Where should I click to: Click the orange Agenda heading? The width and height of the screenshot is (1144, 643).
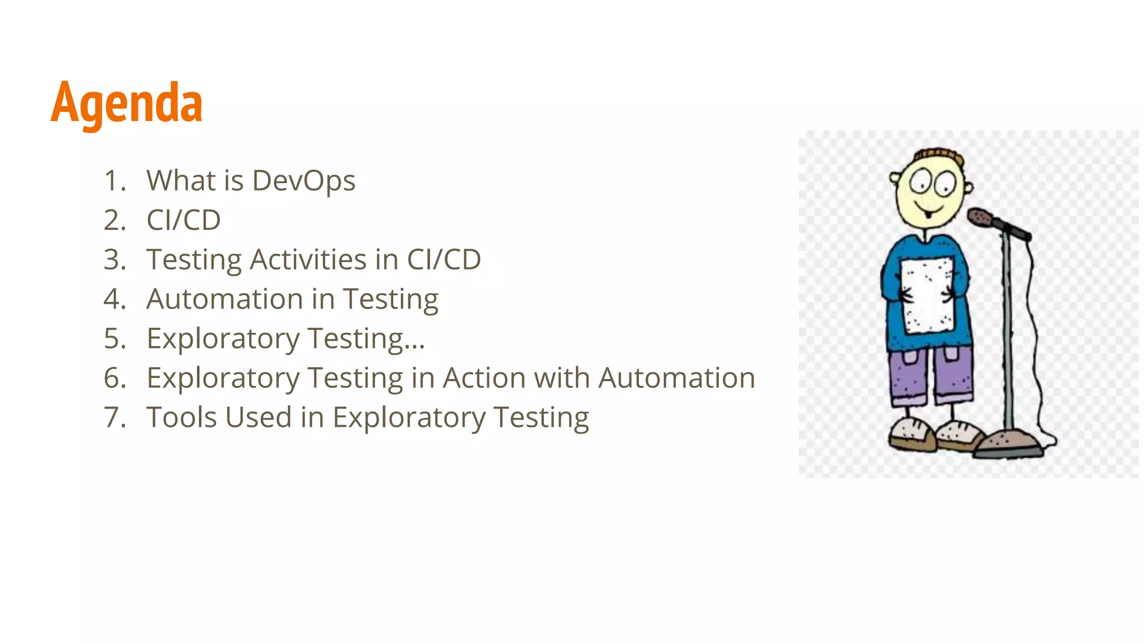[126, 103]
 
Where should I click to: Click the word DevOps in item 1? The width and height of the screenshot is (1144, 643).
[303, 181]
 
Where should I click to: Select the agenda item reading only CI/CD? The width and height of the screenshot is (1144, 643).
[183, 220]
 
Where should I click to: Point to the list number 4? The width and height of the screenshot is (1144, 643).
[114, 299]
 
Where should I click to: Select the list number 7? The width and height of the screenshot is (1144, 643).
[114, 418]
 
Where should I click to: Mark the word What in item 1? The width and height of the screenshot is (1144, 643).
[180, 181]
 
